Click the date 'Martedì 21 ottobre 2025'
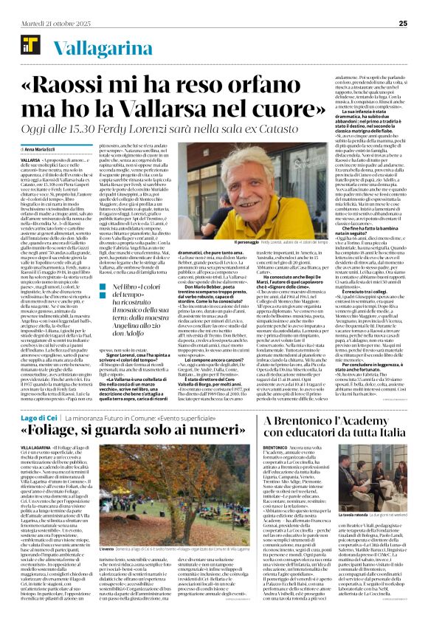point(46,24)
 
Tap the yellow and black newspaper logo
point(27,46)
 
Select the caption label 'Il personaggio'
point(247,242)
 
